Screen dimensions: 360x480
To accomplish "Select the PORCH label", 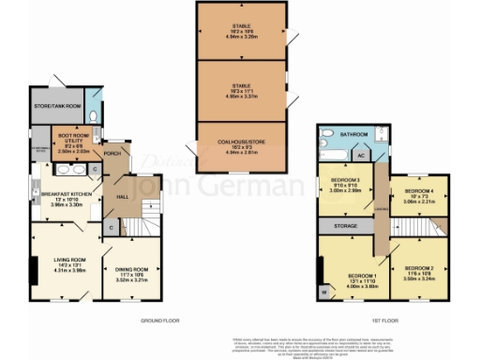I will click(112, 153).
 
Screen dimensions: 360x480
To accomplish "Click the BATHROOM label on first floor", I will click(354, 135).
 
